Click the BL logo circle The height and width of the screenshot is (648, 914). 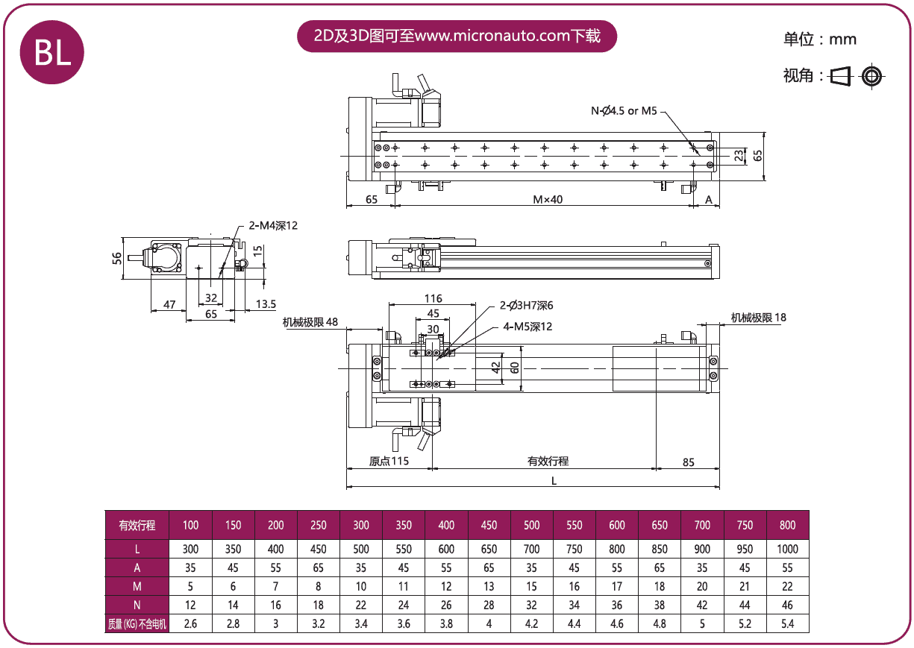[51, 51]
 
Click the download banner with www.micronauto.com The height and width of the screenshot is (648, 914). [457, 36]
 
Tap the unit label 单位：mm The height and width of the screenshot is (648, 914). [819, 40]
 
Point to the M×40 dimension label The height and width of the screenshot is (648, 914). [547, 199]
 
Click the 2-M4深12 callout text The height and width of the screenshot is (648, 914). [273, 225]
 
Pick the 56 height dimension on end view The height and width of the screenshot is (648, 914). [116, 257]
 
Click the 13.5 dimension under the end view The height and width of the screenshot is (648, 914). [266, 303]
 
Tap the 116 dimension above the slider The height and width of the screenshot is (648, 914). [433, 298]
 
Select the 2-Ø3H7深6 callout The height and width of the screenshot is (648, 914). [526, 306]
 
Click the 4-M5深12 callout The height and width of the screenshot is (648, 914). [528, 327]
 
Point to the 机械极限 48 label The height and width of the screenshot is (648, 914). [310, 322]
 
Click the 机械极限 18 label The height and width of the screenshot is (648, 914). [758, 318]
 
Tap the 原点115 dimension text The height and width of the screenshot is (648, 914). [389, 461]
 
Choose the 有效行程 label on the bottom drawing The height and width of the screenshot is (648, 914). [548, 461]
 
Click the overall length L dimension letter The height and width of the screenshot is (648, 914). [554, 481]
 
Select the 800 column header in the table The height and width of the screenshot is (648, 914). [787, 525]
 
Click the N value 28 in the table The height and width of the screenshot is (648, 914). [489, 605]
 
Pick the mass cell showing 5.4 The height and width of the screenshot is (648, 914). [787, 623]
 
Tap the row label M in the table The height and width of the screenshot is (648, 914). [137, 586]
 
